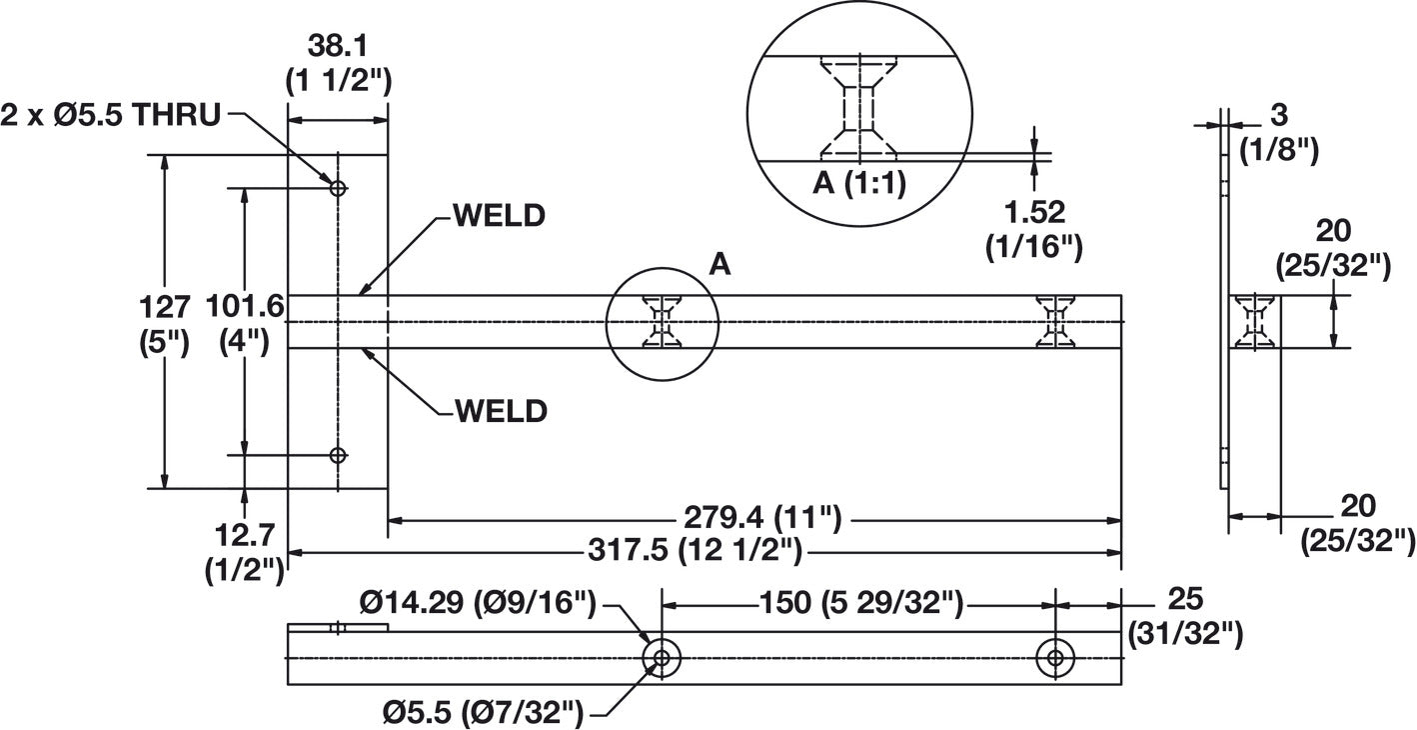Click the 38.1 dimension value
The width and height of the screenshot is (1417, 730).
(338, 46)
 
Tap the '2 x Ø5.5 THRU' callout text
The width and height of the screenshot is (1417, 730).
(111, 115)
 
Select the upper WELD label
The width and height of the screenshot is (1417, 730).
(500, 216)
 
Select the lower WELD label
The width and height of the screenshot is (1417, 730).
(501, 412)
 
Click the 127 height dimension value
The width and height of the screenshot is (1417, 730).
(165, 308)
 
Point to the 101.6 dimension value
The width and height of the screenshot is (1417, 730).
(246, 306)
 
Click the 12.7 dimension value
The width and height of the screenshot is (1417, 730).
(245, 536)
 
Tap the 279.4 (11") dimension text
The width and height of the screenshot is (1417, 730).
(762, 519)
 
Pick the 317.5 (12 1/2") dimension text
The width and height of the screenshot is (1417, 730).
(696, 550)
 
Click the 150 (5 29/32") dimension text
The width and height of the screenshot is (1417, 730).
(861, 602)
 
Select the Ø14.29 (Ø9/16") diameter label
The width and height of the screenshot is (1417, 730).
(479, 602)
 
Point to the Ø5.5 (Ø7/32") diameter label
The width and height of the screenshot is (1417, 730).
(483, 714)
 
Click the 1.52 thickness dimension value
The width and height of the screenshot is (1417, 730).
(1035, 213)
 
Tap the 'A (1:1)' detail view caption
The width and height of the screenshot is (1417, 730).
(859, 183)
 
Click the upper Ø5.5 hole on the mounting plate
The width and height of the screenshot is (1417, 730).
(339, 188)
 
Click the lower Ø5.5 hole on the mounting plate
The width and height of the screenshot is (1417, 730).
(339, 455)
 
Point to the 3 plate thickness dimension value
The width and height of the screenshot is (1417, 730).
(1279, 115)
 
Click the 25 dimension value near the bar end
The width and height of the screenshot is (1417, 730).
(1185, 599)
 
